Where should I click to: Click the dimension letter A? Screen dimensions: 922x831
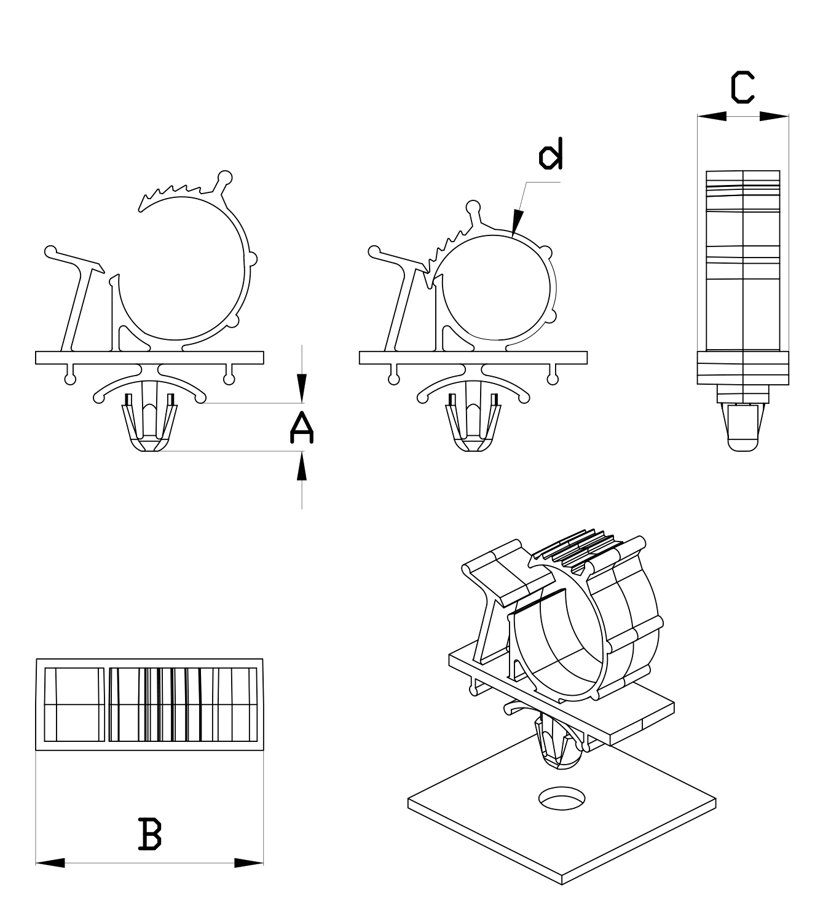(x=301, y=428)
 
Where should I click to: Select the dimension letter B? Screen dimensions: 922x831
(x=150, y=833)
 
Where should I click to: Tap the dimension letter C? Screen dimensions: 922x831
(x=742, y=87)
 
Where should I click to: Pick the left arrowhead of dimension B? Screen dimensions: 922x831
(x=49, y=863)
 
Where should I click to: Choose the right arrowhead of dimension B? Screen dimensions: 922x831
(x=250, y=863)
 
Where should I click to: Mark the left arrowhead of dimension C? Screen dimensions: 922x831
(x=712, y=116)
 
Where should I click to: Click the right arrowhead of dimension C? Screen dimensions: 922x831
(x=774, y=116)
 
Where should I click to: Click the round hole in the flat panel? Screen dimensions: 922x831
(x=562, y=797)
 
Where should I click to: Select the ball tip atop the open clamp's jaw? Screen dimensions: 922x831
(x=226, y=178)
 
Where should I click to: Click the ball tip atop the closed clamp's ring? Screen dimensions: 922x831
(x=473, y=206)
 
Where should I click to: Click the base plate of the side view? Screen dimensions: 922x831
(x=742, y=368)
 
